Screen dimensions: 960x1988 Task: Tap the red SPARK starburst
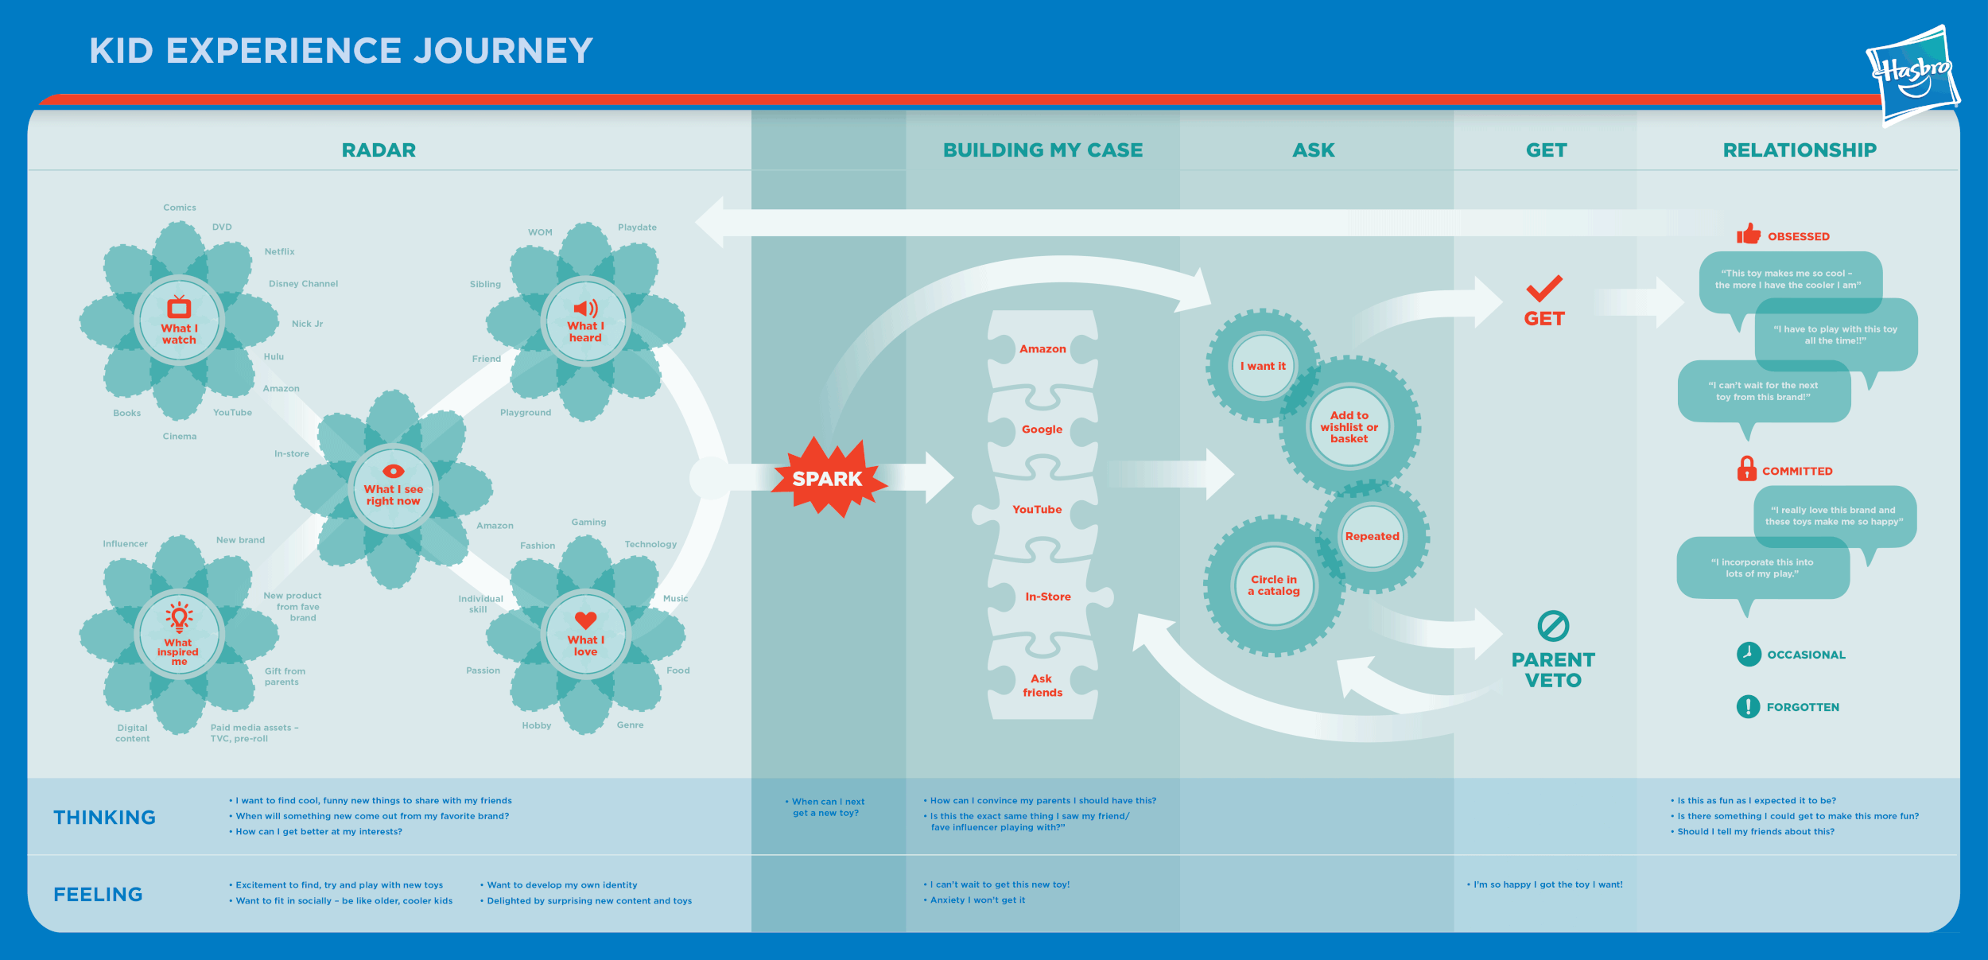click(827, 478)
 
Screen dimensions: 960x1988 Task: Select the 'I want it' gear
click(1263, 366)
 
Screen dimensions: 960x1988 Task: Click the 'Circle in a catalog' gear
click(1274, 585)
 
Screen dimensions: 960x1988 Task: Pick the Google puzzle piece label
click(1042, 429)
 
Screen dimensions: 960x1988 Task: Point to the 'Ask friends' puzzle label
click(1042, 686)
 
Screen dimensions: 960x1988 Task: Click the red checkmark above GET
click(1544, 288)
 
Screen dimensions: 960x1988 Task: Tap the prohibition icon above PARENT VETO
click(1553, 626)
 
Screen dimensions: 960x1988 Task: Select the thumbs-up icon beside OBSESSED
click(1748, 235)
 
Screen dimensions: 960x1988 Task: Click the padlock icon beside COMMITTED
click(1746, 469)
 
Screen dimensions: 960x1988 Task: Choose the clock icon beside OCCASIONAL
click(1749, 654)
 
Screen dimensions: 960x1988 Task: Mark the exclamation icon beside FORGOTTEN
click(1748, 706)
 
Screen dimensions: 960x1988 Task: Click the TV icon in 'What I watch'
click(179, 307)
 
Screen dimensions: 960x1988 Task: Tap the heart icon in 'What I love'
click(585, 620)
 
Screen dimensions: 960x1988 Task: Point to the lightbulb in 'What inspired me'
click(179, 616)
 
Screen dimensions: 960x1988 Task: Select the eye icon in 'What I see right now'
click(393, 471)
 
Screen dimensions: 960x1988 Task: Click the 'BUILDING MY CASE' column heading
click(1043, 150)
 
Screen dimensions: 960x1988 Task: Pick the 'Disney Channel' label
click(303, 284)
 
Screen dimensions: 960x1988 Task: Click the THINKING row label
click(104, 818)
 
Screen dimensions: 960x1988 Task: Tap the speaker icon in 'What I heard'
click(585, 309)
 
